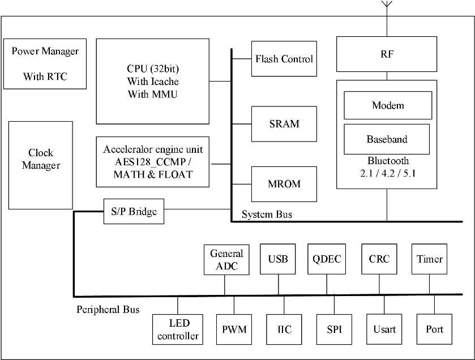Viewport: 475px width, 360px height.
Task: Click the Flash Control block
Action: (x=284, y=59)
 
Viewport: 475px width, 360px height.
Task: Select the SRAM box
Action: (x=284, y=124)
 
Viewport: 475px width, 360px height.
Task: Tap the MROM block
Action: (x=284, y=184)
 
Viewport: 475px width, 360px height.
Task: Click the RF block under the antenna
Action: (x=387, y=54)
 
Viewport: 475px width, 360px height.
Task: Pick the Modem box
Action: (x=387, y=105)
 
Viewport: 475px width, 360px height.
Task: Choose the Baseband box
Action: (x=387, y=139)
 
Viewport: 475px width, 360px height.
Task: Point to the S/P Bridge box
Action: (x=134, y=211)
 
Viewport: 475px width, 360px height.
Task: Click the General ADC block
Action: (x=226, y=260)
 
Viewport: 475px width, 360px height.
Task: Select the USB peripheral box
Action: (x=278, y=259)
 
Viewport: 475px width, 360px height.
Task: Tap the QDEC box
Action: (x=326, y=259)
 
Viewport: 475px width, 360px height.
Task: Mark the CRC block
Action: (x=379, y=259)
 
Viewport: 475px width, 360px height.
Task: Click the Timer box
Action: (x=430, y=259)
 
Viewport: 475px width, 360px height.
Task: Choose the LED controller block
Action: (x=177, y=329)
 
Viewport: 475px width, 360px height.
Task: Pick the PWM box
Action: (x=234, y=329)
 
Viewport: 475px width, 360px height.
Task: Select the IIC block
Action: (x=284, y=329)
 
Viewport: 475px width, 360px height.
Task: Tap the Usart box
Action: (x=384, y=329)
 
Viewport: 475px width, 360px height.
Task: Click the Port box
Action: (x=434, y=329)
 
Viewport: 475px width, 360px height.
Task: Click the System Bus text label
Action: (x=267, y=215)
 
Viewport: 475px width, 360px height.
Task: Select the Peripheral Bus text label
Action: (x=108, y=310)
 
